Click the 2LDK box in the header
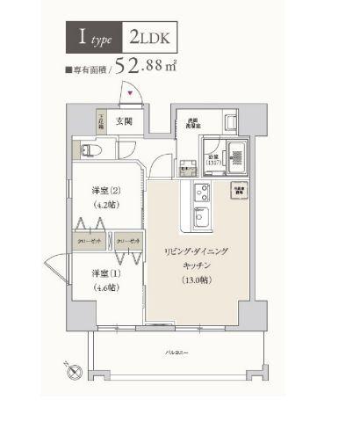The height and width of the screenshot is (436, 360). (x=153, y=38)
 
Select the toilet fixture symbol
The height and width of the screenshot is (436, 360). (x=97, y=150)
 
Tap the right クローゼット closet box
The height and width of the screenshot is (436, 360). (x=128, y=240)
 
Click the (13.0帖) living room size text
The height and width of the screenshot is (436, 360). (x=194, y=281)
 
